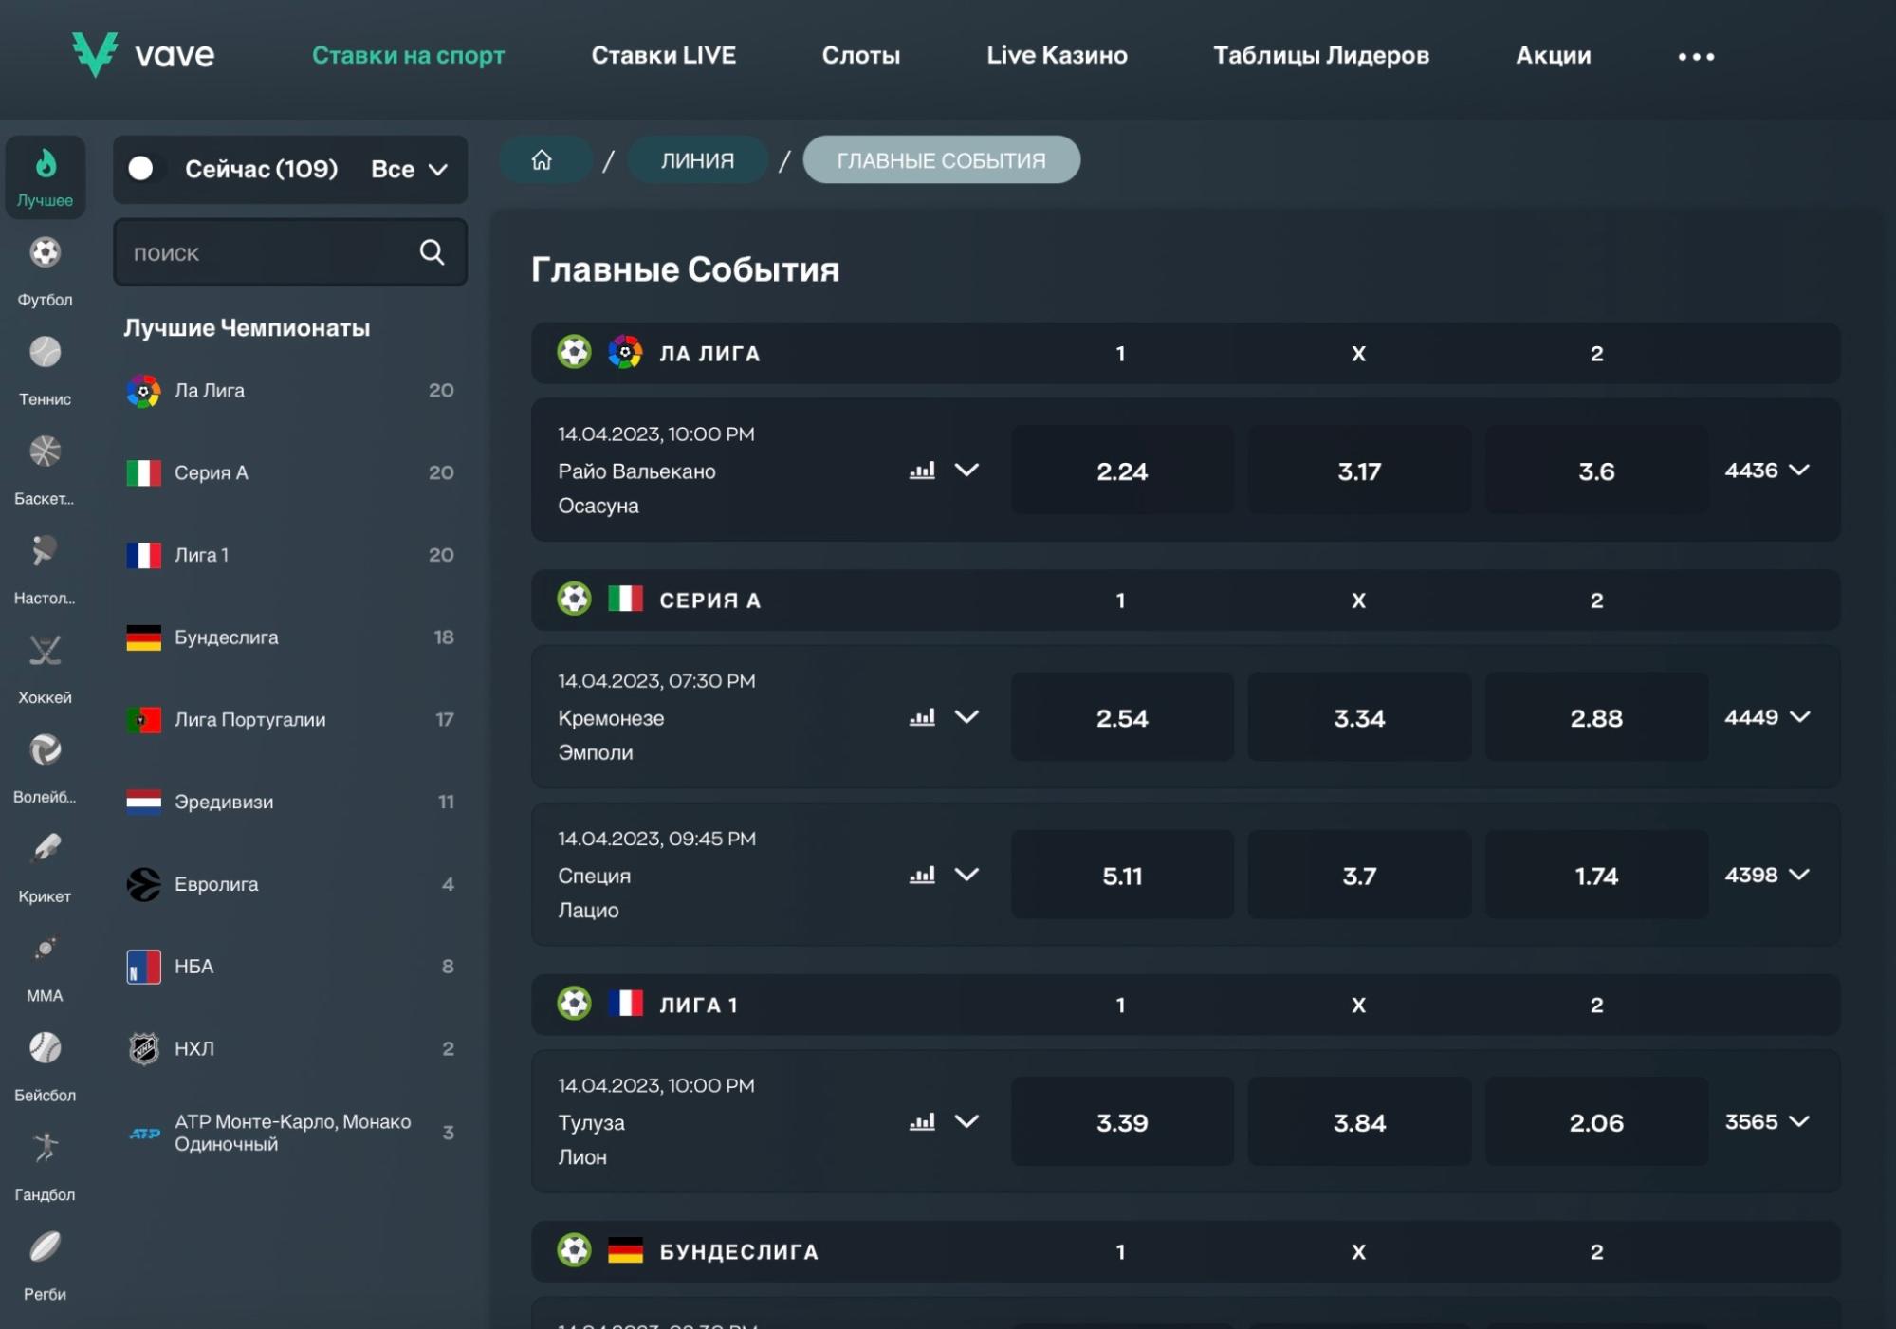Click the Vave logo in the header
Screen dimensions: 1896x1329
coord(143,54)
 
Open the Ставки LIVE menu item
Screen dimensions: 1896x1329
coord(663,55)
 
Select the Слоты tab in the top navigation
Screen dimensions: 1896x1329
coord(860,55)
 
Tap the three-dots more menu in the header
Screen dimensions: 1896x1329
coord(1696,56)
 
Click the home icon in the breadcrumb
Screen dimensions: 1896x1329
coord(542,159)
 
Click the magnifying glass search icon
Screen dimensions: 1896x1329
coord(433,251)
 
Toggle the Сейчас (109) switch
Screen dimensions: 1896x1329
coord(141,168)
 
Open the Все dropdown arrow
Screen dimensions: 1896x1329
coord(437,170)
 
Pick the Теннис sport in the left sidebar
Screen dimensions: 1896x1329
coord(45,371)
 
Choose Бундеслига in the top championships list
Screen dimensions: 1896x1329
coord(226,637)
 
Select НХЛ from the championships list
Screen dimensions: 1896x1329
coord(194,1048)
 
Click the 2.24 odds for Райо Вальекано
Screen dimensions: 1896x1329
coord(1122,471)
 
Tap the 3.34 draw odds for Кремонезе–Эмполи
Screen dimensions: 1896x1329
coord(1359,717)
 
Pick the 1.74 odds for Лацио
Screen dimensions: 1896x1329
coord(1596,875)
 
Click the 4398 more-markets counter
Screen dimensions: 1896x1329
coord(1766,875)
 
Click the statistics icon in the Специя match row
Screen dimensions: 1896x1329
coord(922,875)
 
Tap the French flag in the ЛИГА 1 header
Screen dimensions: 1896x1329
coord(625,1004)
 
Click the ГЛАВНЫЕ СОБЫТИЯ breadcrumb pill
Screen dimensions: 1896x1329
coord(941,159)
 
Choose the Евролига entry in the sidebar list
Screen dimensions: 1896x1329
coord(216,884)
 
